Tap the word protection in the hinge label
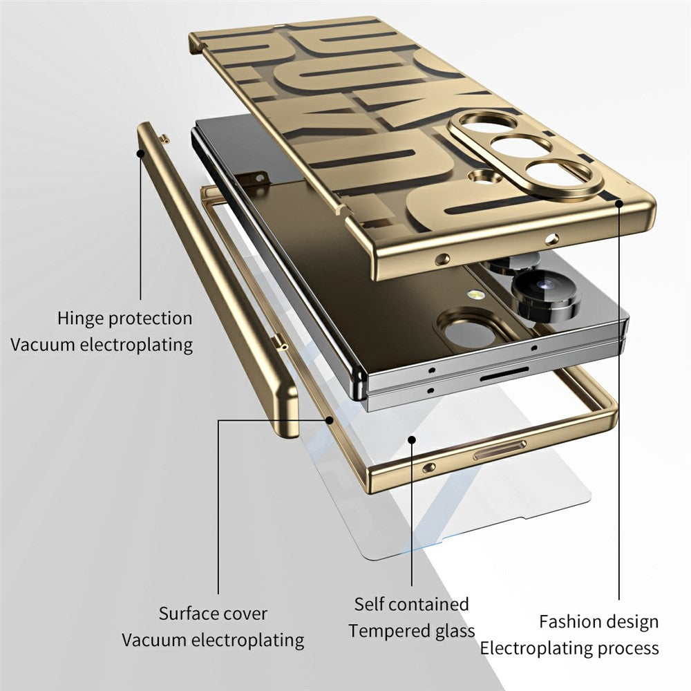point(151,319)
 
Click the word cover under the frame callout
point(246,613)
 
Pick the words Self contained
point(411,604)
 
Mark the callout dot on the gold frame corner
point(329,418)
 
